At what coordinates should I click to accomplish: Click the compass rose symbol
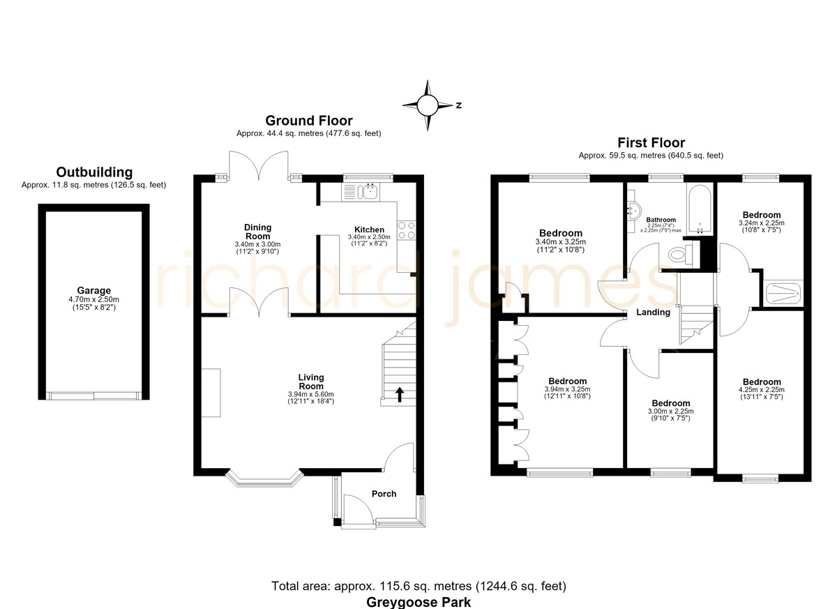(x=428, y=105)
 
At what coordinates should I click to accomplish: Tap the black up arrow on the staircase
(x=400, y=395)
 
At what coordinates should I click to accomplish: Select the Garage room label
(x=93, y=290)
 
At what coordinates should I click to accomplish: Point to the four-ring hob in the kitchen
(x=406, y=230)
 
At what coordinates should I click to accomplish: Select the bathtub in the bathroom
(x=700, y=210)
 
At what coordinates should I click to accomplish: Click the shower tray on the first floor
(x=783, y=294)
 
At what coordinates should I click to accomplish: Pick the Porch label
(x=384, y=494)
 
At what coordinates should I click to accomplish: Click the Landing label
(x=653, y=312)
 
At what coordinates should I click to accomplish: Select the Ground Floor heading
(x=308, y=121)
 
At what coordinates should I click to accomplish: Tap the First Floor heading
(x=651, y=143)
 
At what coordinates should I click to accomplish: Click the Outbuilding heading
(x=94, y=172)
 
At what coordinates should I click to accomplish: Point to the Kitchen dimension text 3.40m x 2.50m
(x=369, y=237)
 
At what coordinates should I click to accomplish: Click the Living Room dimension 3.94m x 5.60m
(x=311, y=394)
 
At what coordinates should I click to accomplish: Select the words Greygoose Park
(x=418, y=602)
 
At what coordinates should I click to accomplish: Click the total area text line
(x=418, y=586)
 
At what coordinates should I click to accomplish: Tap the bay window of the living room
(x=264, y=479)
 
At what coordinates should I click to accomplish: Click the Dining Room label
(x=257, y=232)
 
